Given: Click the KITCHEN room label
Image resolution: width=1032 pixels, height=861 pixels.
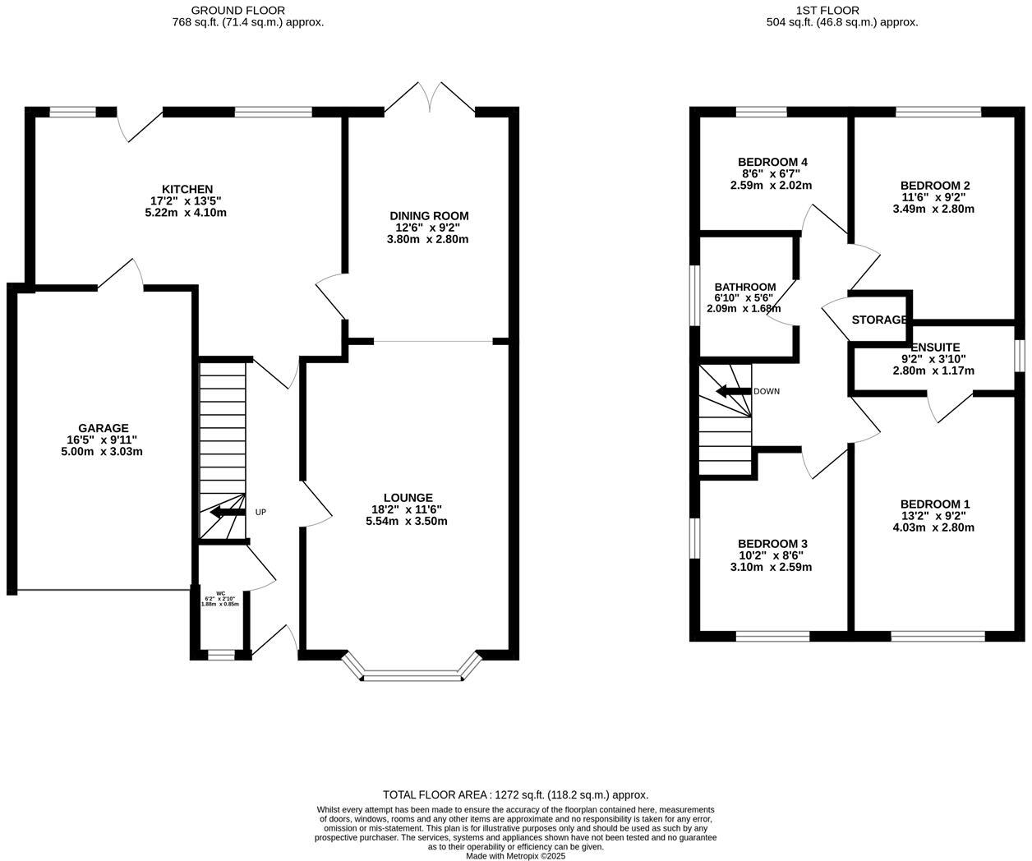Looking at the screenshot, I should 186,190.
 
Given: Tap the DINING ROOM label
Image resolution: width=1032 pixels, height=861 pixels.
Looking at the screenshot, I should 429,216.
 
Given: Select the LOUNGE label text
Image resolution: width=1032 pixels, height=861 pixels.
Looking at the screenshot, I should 408,497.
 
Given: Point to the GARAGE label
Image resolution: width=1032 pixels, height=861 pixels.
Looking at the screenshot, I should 103,428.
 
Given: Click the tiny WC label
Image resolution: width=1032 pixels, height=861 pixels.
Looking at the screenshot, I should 220,593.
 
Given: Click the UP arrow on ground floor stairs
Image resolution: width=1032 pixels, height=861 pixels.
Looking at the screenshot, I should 227,513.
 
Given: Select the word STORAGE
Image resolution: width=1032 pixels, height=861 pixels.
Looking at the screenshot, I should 879,320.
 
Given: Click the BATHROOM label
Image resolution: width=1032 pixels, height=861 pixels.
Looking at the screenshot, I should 744,287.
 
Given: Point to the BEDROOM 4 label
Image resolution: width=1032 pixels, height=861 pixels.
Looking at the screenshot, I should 772,162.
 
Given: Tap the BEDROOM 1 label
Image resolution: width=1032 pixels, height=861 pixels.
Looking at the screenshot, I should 935,504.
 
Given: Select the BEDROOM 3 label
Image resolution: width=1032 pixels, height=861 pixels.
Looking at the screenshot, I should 772,544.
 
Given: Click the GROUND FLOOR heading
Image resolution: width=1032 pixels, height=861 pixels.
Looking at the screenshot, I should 238,10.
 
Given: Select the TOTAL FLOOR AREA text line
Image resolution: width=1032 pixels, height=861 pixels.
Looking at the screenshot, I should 515,794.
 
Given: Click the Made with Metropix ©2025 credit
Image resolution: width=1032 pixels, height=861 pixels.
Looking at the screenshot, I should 515,855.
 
